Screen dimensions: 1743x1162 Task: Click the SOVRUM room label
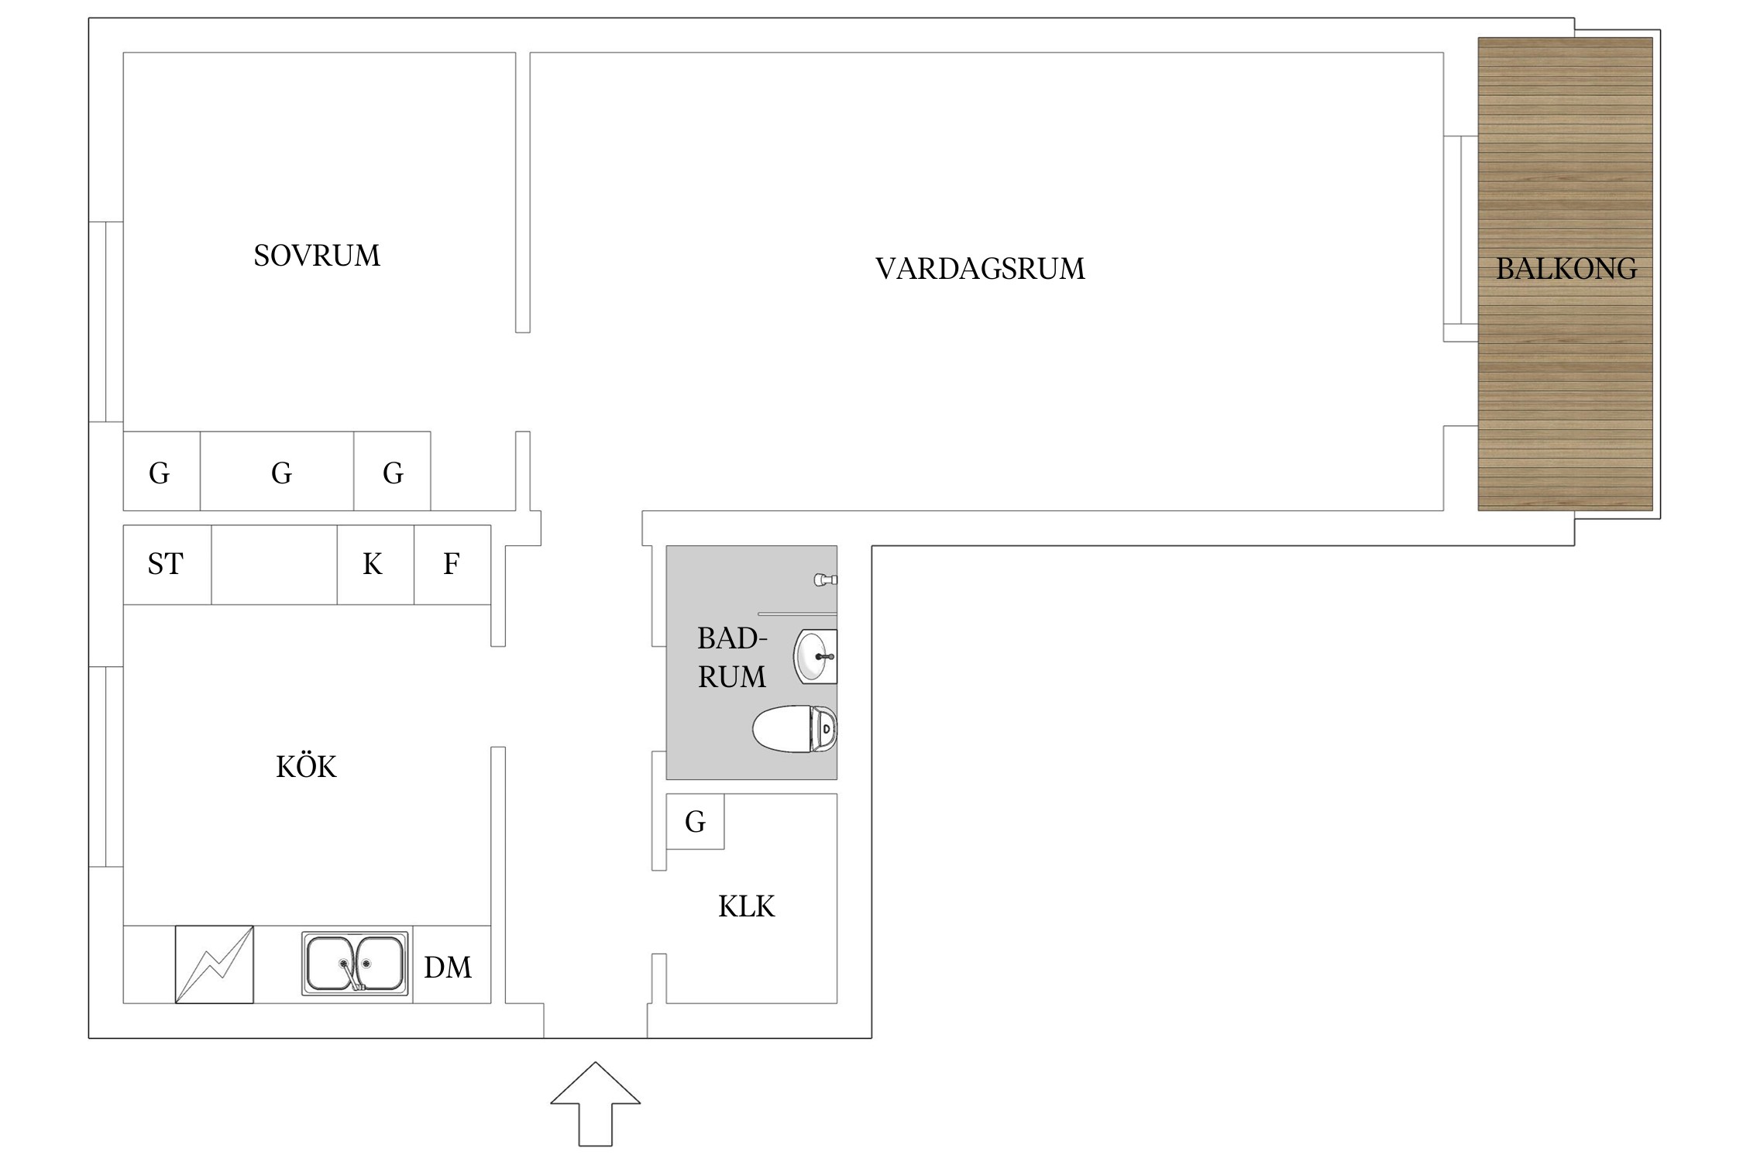[317, 256]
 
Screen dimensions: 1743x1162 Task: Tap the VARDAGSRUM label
[980, 269]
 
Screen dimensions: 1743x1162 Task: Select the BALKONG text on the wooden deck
[1566, 269]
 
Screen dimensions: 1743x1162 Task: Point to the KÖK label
[306, 767]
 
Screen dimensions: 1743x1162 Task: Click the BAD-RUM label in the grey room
[731, 658]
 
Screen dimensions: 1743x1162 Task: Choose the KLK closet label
[746, 906]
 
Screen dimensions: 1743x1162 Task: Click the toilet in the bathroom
[795, 728]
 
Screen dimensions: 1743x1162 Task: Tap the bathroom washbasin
[815, 657]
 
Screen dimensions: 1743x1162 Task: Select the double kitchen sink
[355, 963]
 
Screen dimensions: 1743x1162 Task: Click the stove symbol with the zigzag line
[215, 964]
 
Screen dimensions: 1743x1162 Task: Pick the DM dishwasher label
[448, 967]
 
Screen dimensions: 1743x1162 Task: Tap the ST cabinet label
[165, 565]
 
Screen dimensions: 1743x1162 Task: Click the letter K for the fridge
[373, 565]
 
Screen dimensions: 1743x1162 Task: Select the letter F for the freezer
[451, 565]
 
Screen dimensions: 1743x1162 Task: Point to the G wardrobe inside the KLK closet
[695, 822]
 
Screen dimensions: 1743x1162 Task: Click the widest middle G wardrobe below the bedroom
[281, 473]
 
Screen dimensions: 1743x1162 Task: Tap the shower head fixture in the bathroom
[824, 579]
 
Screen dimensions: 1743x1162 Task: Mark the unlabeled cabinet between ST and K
[273, 565]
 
